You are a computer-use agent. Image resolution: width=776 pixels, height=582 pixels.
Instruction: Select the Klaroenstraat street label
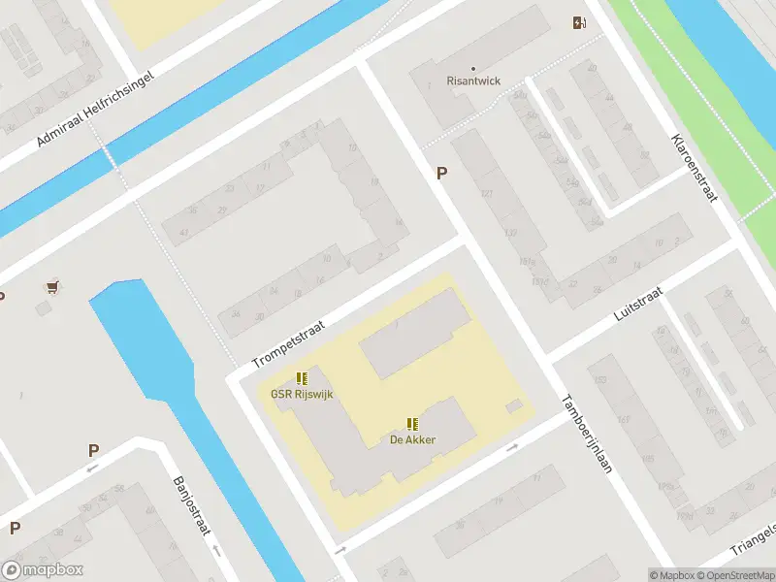point(694,167)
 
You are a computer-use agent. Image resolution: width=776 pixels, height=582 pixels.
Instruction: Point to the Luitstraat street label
point(638,304)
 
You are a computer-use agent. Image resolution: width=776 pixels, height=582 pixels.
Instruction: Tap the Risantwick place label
point(473,81)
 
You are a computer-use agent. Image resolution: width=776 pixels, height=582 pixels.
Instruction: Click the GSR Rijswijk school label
point(302,395)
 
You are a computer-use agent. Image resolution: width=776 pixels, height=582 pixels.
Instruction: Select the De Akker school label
point(412,439)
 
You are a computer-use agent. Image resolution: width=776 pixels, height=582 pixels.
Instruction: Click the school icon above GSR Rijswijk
point(302,378)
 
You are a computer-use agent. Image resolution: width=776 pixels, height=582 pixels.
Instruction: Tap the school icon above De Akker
point(412,423)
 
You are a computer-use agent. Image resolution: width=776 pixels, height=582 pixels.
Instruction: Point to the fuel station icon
point(579,22)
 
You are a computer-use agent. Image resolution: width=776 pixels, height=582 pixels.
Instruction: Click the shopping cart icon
point(52,286)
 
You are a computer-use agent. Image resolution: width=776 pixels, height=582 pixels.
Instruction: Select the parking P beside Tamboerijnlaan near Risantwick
point(442,173)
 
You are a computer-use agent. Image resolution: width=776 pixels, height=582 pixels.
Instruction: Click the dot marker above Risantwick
point(473,68)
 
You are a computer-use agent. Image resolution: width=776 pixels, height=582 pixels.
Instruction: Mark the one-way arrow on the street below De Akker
point(512,447)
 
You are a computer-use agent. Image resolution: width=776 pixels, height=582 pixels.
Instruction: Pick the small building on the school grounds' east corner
point(514,405)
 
